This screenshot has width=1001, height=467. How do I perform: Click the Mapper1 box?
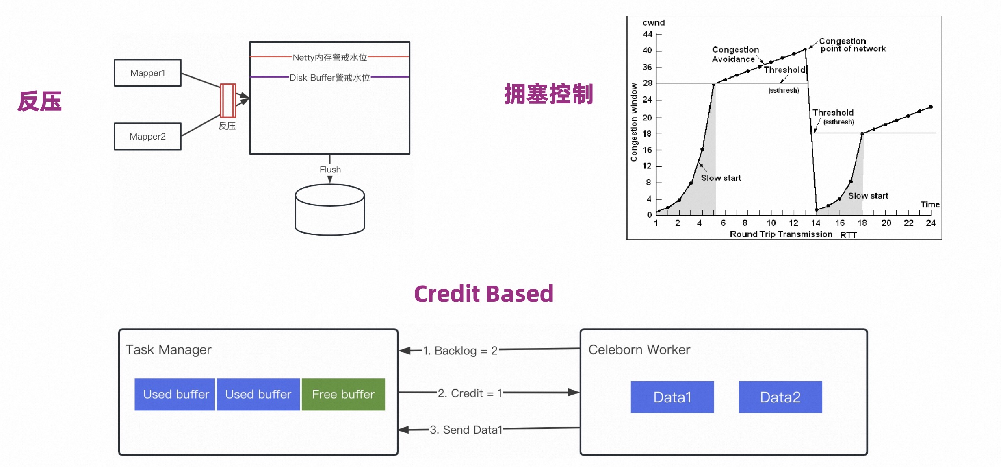tap(148, 73)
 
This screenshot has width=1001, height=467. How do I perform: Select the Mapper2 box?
tap(148, 136)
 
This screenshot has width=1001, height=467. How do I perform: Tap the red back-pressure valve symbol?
tap(228, 100)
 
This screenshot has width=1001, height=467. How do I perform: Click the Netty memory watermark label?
tap(330, 57)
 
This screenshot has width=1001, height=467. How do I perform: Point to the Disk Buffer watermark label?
tap(330, 77)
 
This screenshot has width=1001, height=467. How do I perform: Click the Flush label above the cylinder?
tap(330, 169)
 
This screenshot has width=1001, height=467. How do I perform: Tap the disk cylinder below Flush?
tap(330, 209)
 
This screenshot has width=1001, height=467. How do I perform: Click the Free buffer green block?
tap(343, 394)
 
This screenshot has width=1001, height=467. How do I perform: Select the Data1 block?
tap(672, 397)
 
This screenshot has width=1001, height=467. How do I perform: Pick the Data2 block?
tap(780, 397)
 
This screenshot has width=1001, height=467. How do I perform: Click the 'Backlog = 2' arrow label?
tap(460, 350)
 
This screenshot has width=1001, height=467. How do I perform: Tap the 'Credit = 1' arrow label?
tap(470, 393)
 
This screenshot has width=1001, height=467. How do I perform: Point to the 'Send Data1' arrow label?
tap(466, 430)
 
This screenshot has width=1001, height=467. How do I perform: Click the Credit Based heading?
tap(484, 294)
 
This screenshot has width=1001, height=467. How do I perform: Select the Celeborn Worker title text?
tap(639, 349)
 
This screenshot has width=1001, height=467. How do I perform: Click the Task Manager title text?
tap(169, 350)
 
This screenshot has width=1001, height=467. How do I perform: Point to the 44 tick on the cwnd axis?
tap(648, 34)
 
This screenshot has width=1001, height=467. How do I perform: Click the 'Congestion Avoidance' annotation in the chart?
tap(735, 55)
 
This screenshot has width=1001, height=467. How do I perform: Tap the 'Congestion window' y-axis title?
tap(634, 122)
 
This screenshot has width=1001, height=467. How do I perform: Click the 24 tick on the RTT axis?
tap(931, 223)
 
